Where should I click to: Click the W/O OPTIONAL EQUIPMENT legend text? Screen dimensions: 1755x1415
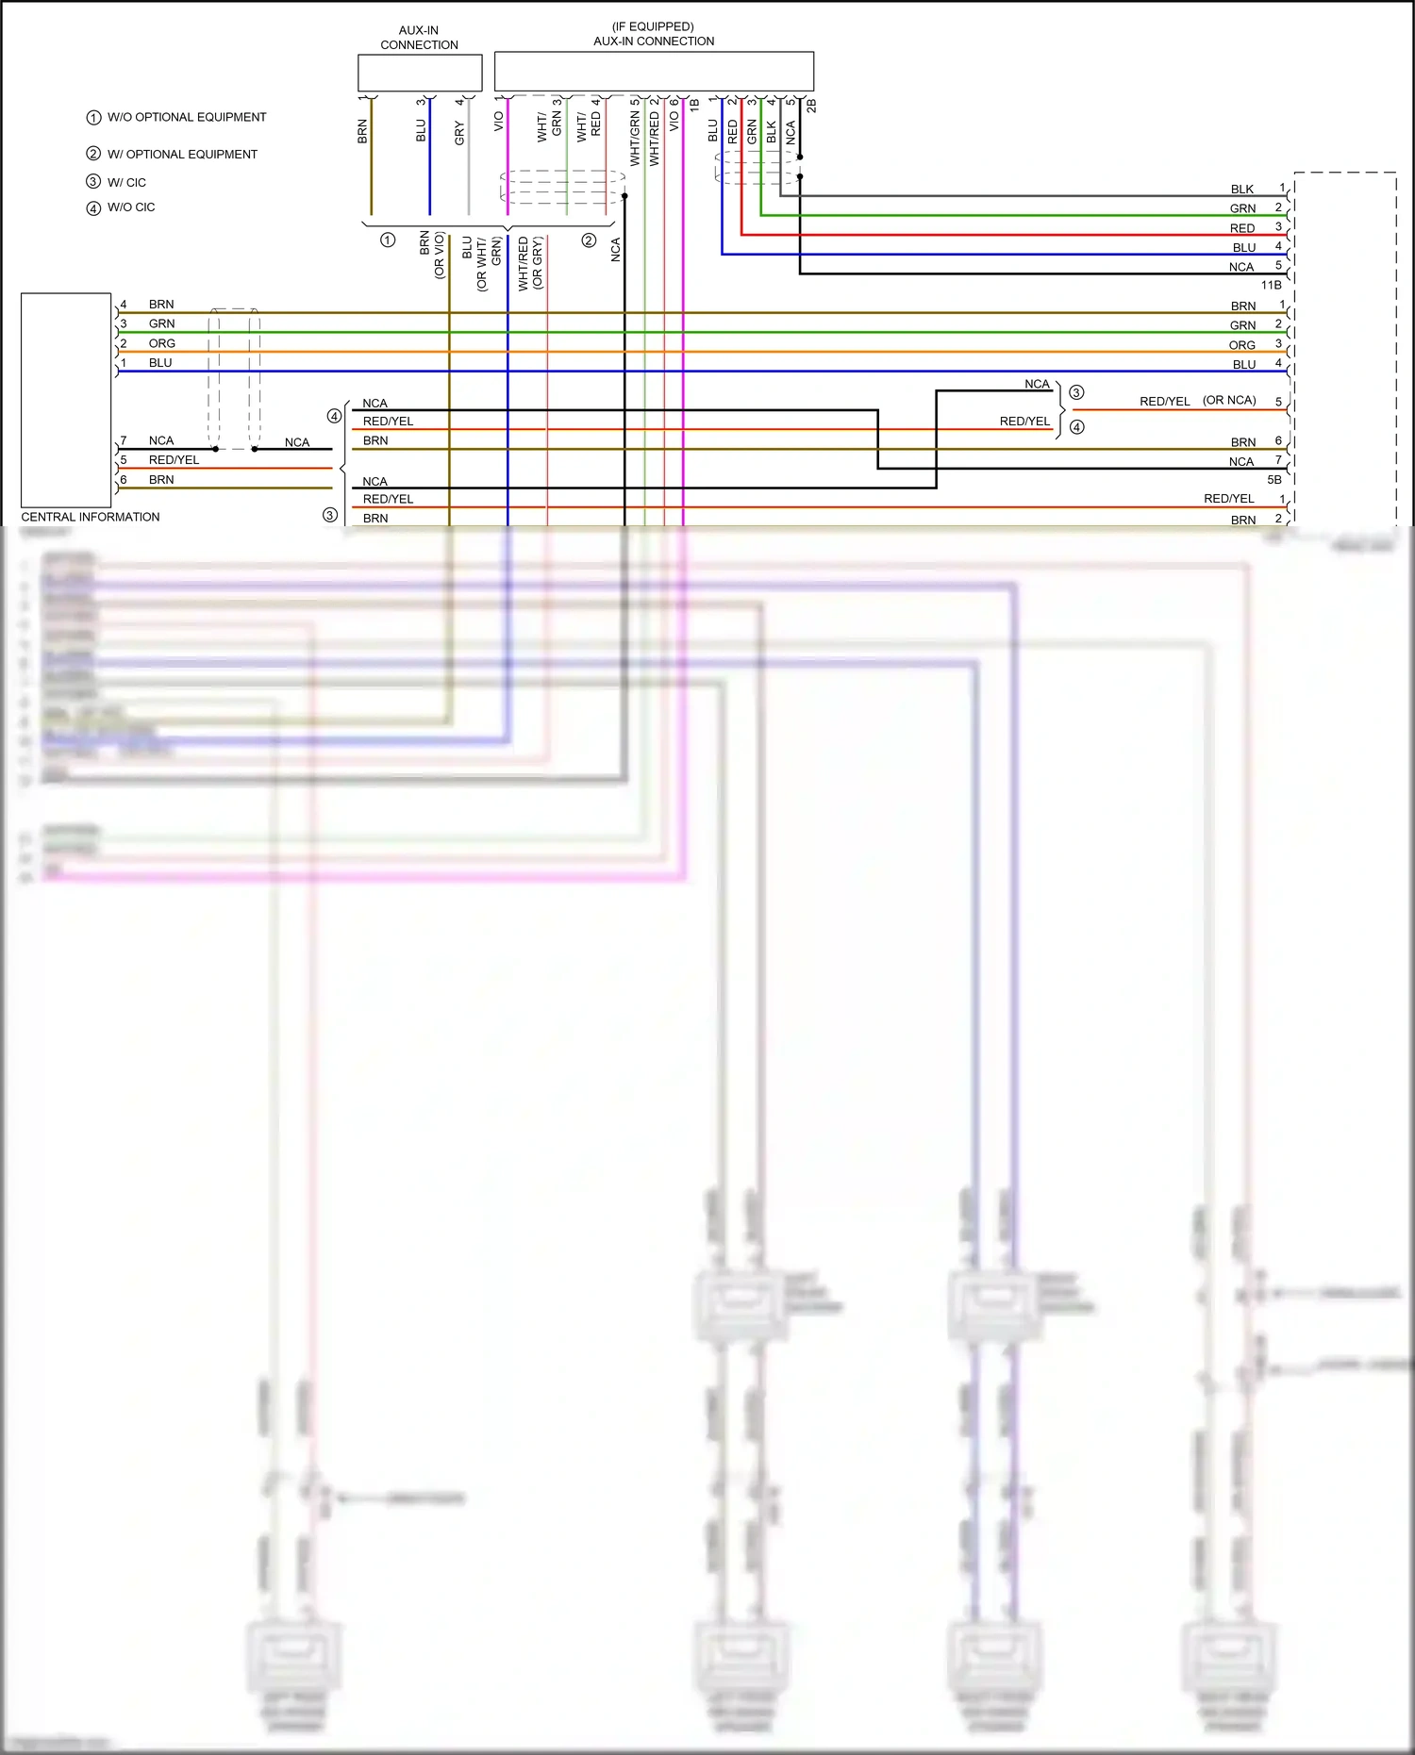click(187, 117)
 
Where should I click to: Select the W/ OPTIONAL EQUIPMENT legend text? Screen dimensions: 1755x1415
click(182, 154)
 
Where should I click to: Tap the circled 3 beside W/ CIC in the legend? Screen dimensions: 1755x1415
click(93, 181)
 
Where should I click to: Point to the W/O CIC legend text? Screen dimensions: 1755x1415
click(131, 207)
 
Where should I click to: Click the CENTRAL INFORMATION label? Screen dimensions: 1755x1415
click(91, 517)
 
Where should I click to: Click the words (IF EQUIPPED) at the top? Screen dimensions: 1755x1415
click(653, 26)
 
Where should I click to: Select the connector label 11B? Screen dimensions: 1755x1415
click(1272, 285)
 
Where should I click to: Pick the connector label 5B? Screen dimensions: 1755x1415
click(1274, 480)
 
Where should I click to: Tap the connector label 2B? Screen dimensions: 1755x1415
click(811, 106)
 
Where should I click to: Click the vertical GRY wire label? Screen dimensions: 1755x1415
click(459, 133)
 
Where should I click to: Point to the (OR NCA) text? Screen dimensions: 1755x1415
click(1229, 400)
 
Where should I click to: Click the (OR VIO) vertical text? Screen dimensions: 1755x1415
click(440, 256)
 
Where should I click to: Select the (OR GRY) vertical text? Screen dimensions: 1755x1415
click(538, 263)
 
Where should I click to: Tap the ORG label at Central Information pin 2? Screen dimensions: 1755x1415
click(161, 343)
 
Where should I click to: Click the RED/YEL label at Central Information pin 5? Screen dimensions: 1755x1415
click(174, 460)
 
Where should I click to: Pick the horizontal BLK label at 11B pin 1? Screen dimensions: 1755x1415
click(1242, 190)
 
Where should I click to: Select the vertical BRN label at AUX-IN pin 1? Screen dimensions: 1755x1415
click(362, 131)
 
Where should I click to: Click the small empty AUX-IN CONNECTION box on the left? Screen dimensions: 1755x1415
click(420, 73)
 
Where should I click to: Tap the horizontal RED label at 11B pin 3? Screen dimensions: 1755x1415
click(1242, 228)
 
